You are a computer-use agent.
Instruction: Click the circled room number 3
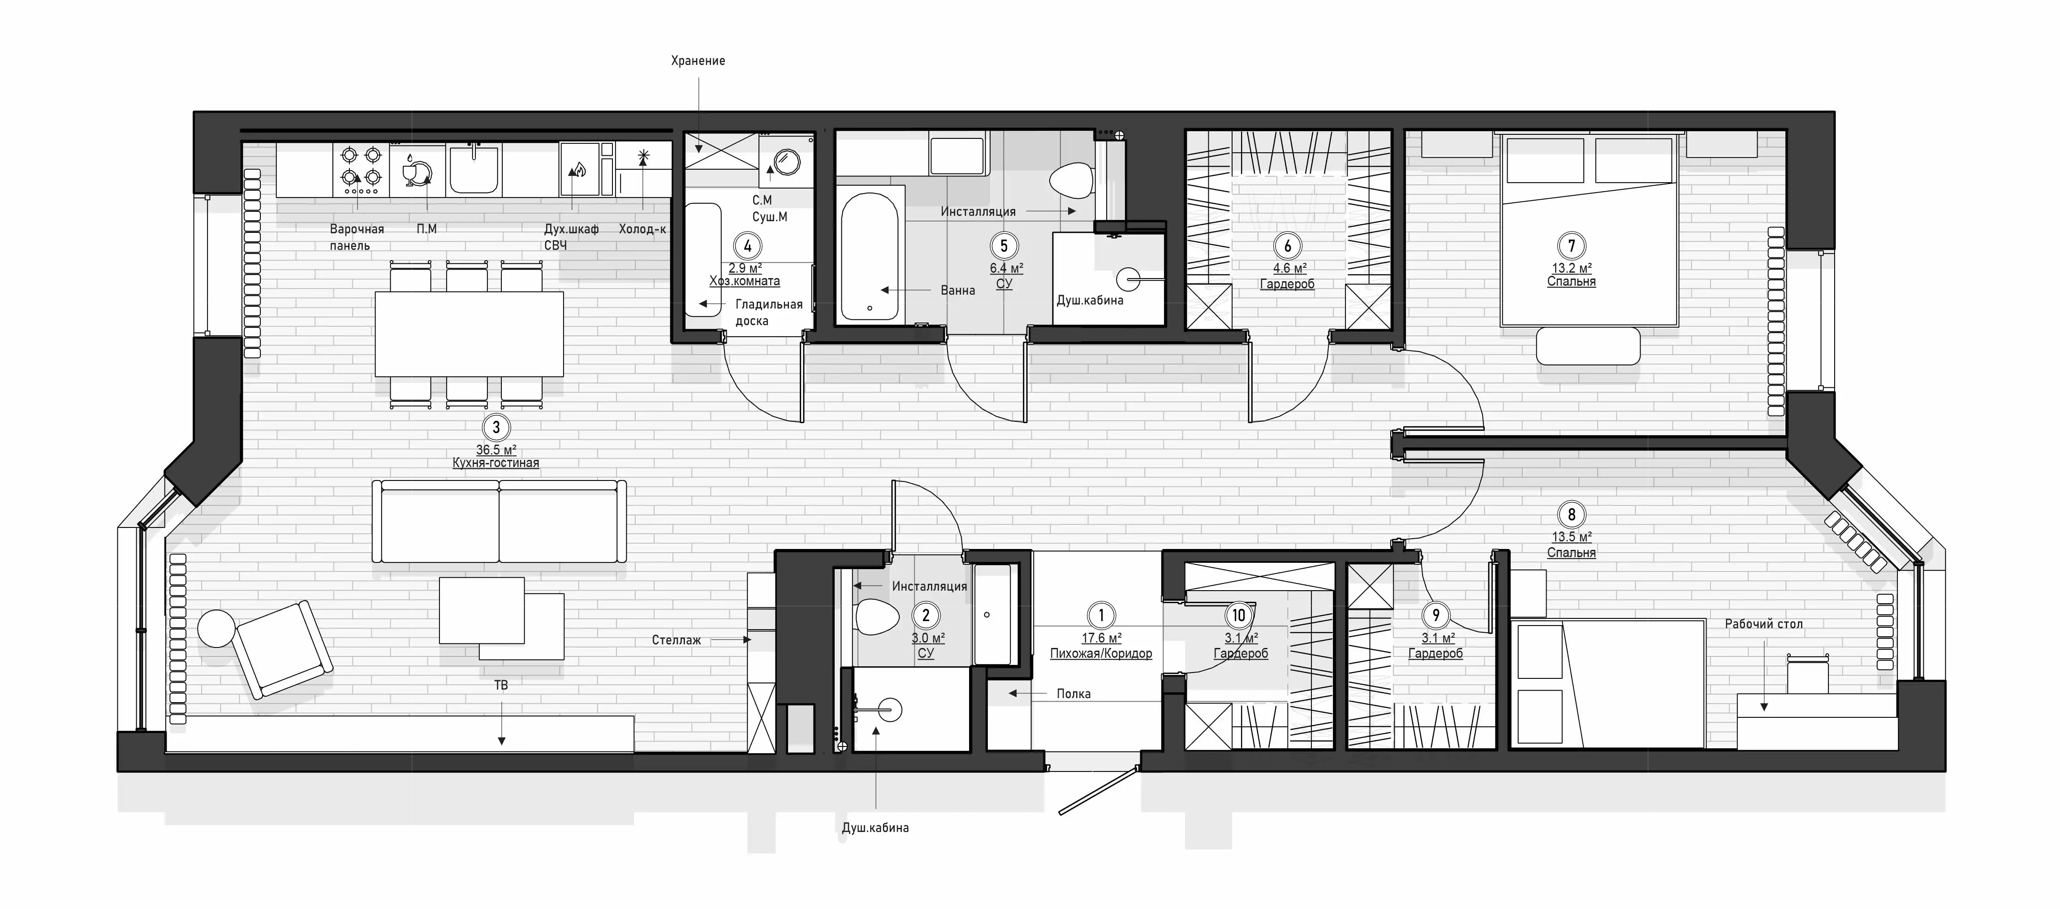tap(496, 428)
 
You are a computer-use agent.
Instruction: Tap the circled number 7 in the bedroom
tap(1571, 246)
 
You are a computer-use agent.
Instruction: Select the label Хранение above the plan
tap(698, 61)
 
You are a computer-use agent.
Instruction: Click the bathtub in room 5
tap(870, 255)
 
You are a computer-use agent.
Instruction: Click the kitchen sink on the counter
tap(475, 170)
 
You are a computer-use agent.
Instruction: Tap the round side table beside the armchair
tap(216, 628)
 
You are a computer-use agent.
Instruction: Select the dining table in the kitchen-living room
tap(470, 334)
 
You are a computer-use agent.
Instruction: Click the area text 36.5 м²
tap(496, 450)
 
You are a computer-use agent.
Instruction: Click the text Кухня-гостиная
tap(496, 463)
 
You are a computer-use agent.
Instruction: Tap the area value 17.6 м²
tap(1101, 638)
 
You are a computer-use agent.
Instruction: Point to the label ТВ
tap(501, 685)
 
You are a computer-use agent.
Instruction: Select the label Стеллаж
tap(677, 640)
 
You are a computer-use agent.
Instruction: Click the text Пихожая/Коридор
tap(1101, 653)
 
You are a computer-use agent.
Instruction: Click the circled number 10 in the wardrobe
tap(1239, 615)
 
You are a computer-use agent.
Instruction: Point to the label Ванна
tap(957, 290)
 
